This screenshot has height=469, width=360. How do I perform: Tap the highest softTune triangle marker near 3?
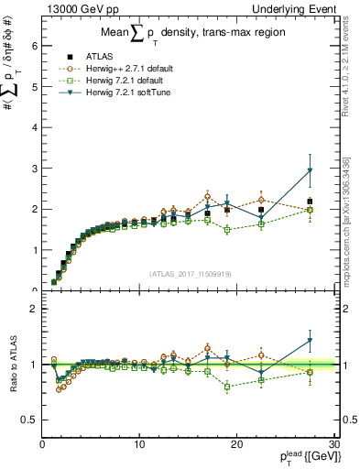(x=310, y=170)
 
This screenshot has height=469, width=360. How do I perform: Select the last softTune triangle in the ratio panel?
(x=310, y=342)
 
